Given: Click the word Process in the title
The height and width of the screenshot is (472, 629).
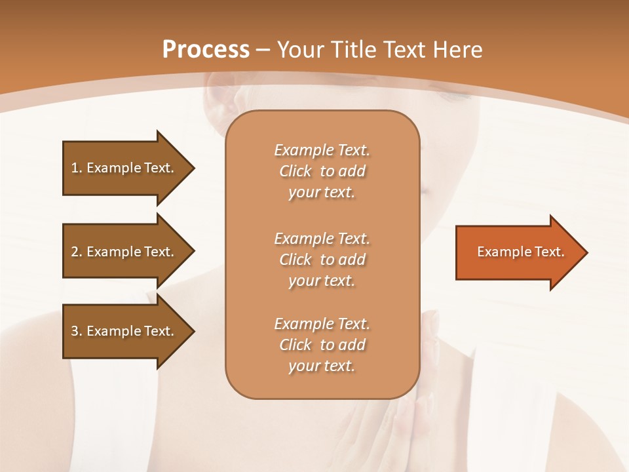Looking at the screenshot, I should pyautogui.click(x=206, y=50).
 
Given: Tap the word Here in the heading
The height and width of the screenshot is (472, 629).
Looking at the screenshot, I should pyautogui.click(x=457, y=50).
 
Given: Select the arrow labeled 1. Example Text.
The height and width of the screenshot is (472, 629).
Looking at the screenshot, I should pyautogui.click(x=124, y=168).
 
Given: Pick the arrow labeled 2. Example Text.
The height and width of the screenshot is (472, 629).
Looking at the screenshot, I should pyautogui.click(x=124, y=252).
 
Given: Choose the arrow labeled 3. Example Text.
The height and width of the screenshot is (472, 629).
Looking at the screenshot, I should pyautogui.click(x=124, y=331).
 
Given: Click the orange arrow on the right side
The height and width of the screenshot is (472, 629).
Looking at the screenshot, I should pyautogui.click(x=518, y=252).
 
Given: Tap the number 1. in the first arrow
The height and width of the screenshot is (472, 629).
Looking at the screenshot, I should pyautogui.click(x=77, y=168).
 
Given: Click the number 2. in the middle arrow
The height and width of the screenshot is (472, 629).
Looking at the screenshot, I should pyautogui.click(x=77, y=252).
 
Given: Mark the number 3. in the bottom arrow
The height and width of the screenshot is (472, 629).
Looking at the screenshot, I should pyautogui.click(x=77, y=331).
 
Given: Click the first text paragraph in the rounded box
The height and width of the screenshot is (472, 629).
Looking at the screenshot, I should pyautogui.click(x=322, y=171).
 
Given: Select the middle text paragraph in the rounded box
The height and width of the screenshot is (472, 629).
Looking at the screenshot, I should pyautogui.click(x=322, y=260).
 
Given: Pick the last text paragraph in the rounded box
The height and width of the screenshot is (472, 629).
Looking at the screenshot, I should pyautogui.click(x=322, y=345).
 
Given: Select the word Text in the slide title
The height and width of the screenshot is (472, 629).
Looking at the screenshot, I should pyautogui.click(x=405, y=50).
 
